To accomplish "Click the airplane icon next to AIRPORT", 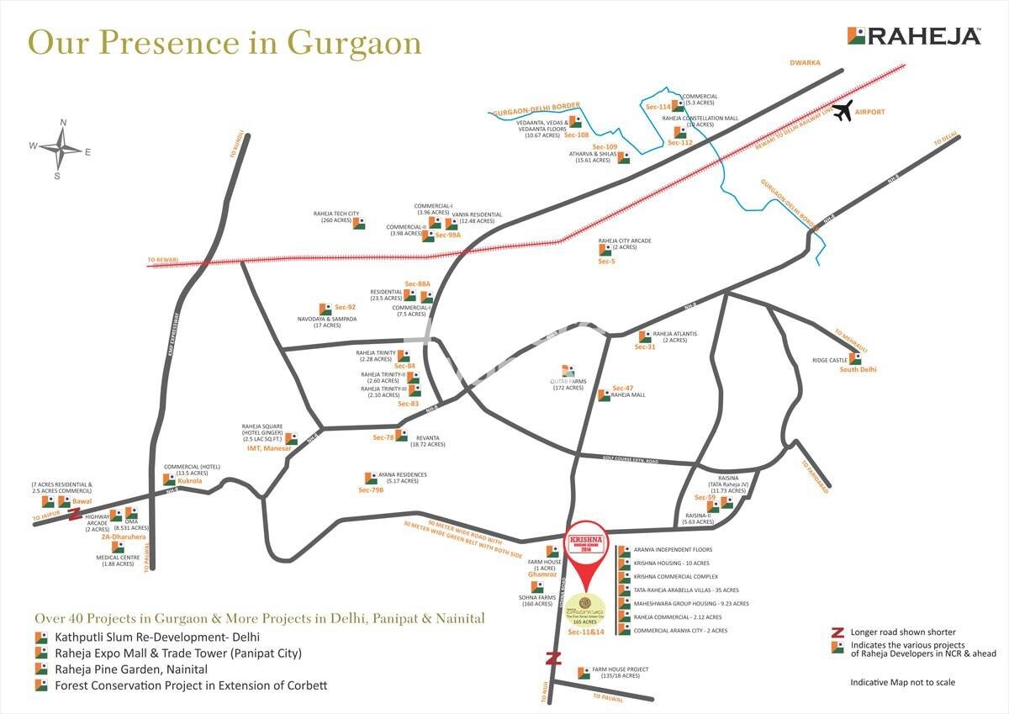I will coord(842,112).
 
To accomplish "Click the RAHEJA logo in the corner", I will coord(914,36).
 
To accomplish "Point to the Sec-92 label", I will coord(346,308).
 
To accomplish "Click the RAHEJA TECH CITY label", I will coord(336,214).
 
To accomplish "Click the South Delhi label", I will coord(858,369).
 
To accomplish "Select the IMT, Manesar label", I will coord(268,449).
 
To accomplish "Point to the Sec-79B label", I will coord(371,489).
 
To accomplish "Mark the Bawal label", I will coord(82,500).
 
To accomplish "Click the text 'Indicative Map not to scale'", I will coord(902,682).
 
